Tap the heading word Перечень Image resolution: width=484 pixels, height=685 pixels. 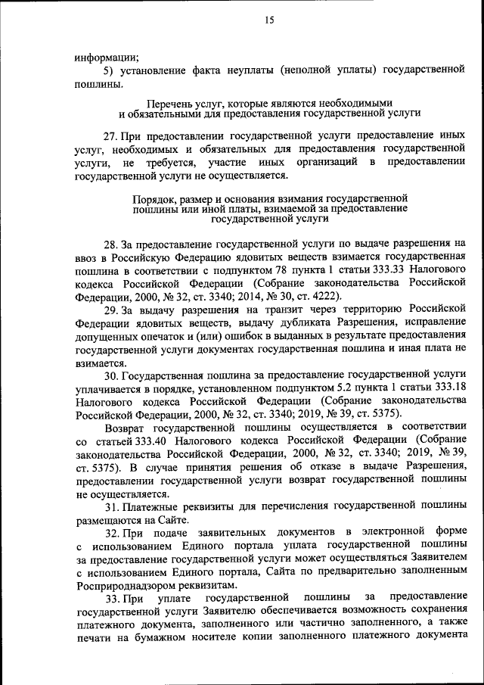pyautogui.click(x=171, y=101)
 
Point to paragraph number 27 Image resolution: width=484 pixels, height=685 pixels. pyautogui.click(x=110, y=135)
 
